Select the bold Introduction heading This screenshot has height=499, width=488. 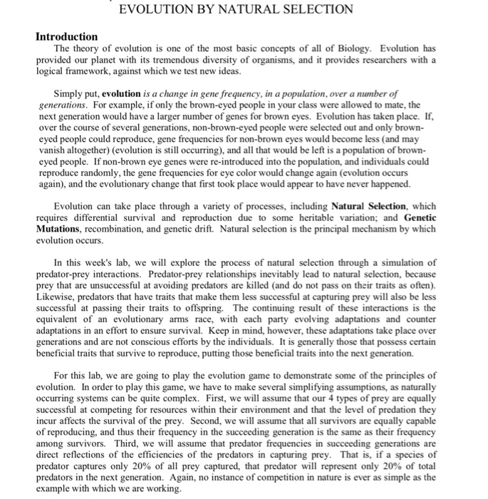(67, 36)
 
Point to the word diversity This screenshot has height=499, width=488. (227, 59)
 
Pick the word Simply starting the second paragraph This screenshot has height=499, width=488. (70, 94)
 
